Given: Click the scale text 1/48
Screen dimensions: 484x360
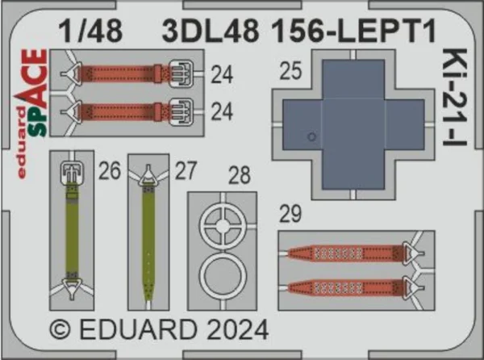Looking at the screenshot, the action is pos(90,31).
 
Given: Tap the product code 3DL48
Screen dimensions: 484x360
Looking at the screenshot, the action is pos(211,31).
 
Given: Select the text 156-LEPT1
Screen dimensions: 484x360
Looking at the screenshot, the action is pos(354,31).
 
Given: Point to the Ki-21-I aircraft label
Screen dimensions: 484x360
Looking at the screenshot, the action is pos(454,97).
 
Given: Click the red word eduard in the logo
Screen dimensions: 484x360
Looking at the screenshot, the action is pos(21,142).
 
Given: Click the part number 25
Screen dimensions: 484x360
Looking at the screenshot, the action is pos(290,71).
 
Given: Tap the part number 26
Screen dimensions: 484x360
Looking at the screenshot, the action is pos(109,170).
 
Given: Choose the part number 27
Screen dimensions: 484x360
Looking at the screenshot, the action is pos(186,170).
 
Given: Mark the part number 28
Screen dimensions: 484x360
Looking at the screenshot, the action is pos(240,175).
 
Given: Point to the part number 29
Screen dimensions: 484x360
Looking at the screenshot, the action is pos(290,214).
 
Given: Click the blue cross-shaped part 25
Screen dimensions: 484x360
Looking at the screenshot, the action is pos(353,125).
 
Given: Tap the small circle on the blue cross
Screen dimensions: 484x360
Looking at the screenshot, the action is pos(311,136).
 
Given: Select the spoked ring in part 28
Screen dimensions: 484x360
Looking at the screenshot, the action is pos(223,226).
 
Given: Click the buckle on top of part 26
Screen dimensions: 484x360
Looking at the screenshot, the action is pos(73,172).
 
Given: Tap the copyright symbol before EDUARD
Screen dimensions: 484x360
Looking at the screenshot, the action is pos(60,330).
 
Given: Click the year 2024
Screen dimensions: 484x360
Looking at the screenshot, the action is pos(237,330).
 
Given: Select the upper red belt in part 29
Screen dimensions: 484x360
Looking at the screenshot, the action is pos(345,253).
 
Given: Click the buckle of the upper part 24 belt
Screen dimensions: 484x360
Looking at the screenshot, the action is pos(181,73).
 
